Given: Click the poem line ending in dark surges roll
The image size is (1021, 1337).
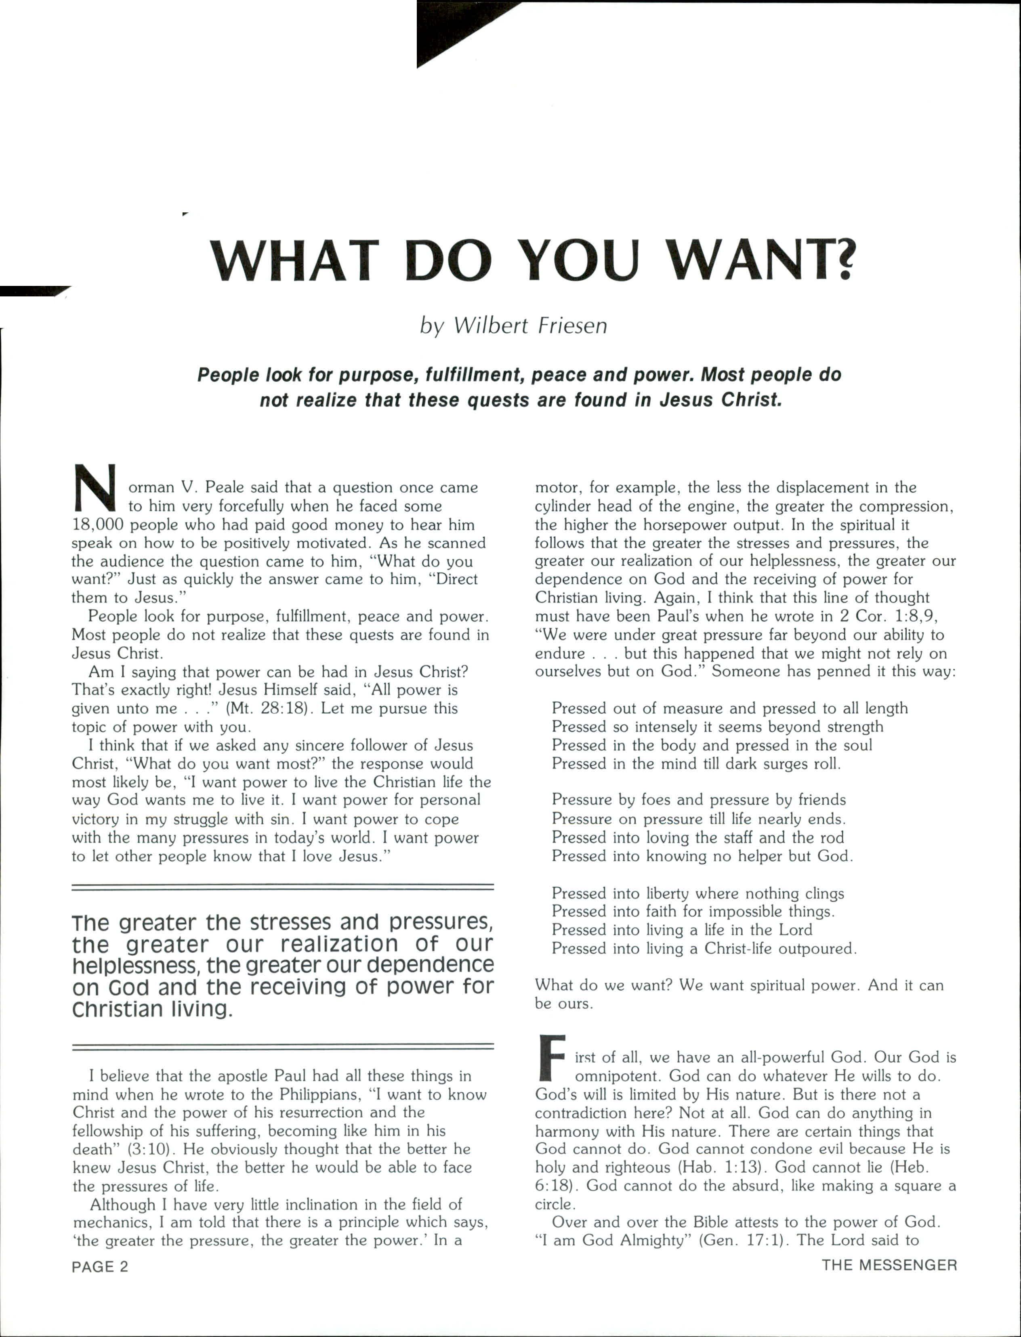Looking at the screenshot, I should pyautogui.click(x=696, y=764).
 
